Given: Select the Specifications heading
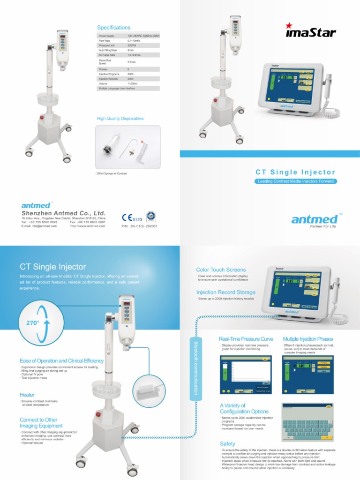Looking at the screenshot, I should pos(113,28).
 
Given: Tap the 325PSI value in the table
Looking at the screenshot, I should pos(132,45).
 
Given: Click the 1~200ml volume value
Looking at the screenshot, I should pos(133,83).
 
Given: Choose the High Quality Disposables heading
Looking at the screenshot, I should pos(120,119).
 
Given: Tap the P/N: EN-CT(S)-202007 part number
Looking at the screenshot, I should pos(139,226).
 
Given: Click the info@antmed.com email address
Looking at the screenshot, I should pos(39,226).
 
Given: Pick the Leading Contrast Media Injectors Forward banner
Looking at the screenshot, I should pos(296,181).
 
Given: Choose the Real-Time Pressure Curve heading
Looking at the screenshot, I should pos(246,338).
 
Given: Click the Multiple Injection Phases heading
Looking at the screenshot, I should pos(308,338).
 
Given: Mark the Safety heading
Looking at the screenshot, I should pos(228,443).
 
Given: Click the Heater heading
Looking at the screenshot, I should pos(27,395).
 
